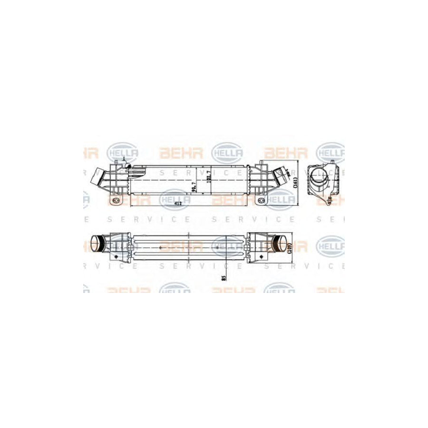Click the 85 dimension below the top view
point(224,275)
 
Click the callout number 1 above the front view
point(123,158)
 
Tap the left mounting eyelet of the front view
point(116,202)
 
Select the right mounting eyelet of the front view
point(261,202)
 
